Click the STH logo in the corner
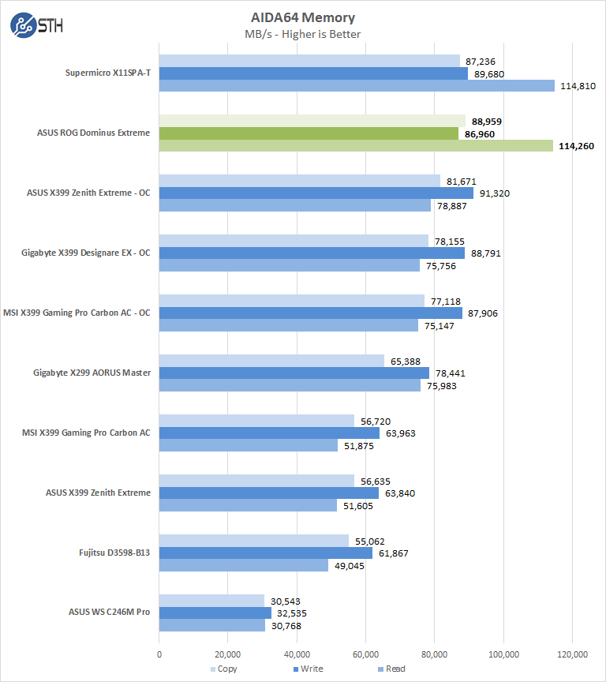pyautogui.click(x=36, y=24)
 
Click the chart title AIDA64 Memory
pyautogui.click(x=303, y=17)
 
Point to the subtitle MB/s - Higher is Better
pyautogui.click(x=303, y=34)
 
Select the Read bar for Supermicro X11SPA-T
pyautogui.click(x=357, y=85)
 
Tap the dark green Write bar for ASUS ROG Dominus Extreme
pyautogui.click(x=309, y=133)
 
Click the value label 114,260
pyautogui.click(x=577, y=146)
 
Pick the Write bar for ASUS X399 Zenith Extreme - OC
pyautogui.click(x=316, y=193)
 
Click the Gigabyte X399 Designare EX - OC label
pyautogui.click(x=86, y=253)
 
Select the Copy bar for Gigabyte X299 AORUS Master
pyautogui.click(x=271, y=361)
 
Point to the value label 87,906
pyautogui.click(x=481, y=313)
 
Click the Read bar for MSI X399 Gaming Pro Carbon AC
pyautogui.click(x=249, y=446)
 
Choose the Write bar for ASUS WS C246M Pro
pyautogui.click(x=215, y=613)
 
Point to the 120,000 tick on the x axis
pyautogui.click(x=572, y=654)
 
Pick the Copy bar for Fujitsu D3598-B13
pyautogui.click(x=254, y=541)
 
